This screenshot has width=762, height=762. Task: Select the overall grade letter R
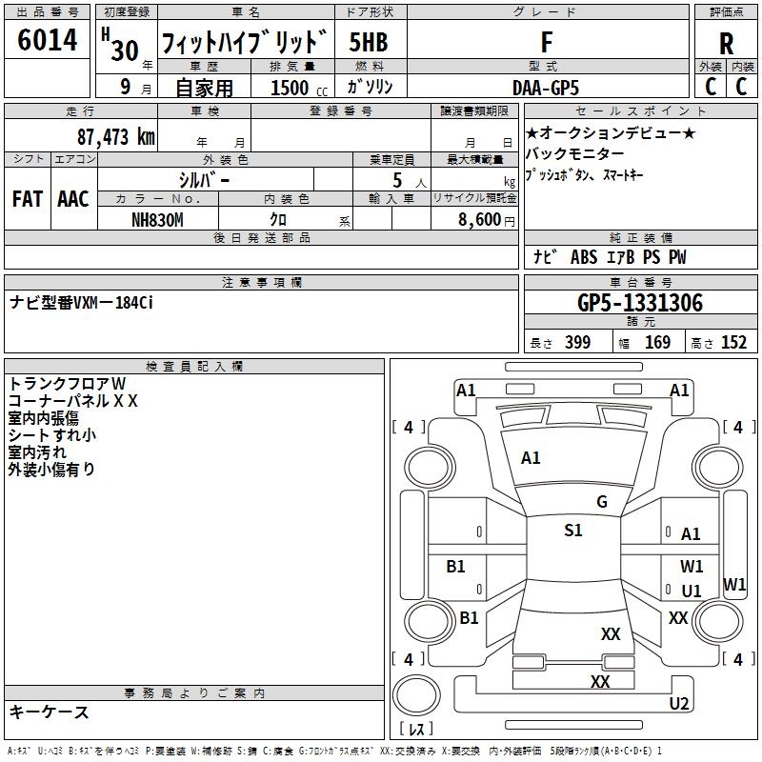pyautogui.click(x=726, y=43)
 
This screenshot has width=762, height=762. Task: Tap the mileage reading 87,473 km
pyautogui.click(x=115, y=137)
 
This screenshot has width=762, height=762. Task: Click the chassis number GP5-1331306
pyautogui.click(x=640, y=303)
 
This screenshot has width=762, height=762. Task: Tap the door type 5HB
pyautogui.click(x=369, y=43)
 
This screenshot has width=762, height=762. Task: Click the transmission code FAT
pyautogui.click(x=27, y=199)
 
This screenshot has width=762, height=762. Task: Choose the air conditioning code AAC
pyautogui.click(x=72, y=199)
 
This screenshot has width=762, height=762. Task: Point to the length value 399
pyautogui.click(x=577, y=343)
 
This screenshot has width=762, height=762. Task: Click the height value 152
pyautogui.click(x=733, y=343)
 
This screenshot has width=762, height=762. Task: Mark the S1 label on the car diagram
pyautogui.click(x=572, y=531)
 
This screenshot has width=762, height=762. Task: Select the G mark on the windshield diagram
pyautogui.click(x=601, y=502)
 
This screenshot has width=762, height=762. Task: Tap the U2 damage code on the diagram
pyautogui.click(x=678, y=704)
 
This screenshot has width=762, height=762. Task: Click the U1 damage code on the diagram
pyautogui.click(x=692, y=592)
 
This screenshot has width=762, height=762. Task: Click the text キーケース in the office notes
pyautogui.click(x=49, y=712)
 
